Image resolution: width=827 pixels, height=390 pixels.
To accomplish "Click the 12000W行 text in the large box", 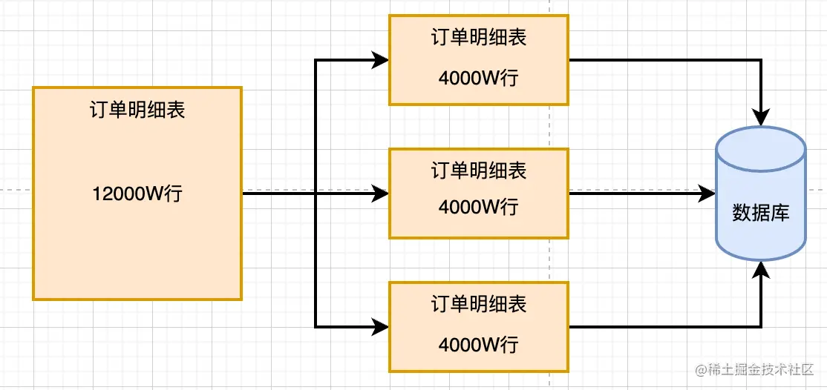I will [x=137, y=194].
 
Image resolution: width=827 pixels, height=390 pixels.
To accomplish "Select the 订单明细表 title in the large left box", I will [x=137, y=110].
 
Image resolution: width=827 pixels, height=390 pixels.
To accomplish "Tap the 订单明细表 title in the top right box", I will [x=479, y=38].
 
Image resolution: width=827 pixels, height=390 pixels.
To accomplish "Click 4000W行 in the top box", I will [x=479, y=77].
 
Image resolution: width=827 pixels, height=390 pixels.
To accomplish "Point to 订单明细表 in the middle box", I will [x=479, y=171].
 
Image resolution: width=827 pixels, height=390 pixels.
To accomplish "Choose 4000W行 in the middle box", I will [x=479, y=207].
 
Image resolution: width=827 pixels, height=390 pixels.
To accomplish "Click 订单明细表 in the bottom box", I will [x=479, y=304].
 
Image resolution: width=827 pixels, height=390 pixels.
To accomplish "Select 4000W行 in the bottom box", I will [x=479, y=344].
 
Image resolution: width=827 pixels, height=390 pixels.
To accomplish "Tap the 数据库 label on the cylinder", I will [x=761, y=214].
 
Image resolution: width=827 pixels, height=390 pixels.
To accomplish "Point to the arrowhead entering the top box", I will [x=381, y=60].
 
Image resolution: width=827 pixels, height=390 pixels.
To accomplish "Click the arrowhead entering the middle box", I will [x=381, y=194].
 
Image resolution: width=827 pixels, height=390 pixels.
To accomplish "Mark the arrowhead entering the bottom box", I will [x=381, y=326].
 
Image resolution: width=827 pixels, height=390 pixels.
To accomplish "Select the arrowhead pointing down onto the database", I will [x=761, y=116].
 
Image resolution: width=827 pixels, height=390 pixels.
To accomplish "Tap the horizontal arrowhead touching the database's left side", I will [x=706, y=194].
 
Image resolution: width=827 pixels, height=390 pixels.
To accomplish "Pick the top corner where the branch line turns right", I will [x=316, y=60].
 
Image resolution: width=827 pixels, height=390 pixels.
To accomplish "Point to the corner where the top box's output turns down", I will [x=761, y=60].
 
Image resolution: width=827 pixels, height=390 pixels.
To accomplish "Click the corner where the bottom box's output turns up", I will [x=761, y=326].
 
